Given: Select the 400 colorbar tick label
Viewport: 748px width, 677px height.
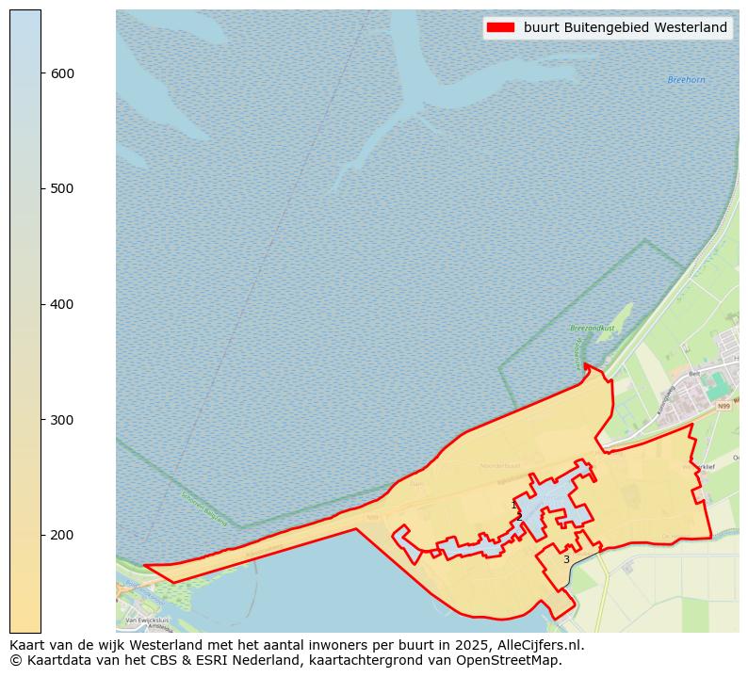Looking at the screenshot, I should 62,304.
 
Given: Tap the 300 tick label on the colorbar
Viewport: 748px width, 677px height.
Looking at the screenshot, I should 62,420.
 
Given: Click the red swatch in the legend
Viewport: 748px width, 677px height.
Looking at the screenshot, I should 499,27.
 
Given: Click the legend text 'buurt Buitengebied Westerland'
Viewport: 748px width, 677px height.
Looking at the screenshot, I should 626,27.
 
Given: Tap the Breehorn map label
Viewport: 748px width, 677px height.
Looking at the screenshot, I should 686,80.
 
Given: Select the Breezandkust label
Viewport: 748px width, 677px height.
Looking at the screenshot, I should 592,328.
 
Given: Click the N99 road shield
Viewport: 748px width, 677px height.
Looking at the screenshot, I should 724,407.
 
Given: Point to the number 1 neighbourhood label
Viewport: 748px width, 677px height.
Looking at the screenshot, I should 513,506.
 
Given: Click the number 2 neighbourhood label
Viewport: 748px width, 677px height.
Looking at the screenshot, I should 519,517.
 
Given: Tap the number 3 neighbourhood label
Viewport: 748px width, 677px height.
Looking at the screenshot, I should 566,559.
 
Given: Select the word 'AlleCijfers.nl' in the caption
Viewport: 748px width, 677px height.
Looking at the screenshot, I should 543,645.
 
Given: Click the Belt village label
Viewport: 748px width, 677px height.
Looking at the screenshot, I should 694,374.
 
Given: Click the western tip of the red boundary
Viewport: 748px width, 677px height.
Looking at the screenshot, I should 144,566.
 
